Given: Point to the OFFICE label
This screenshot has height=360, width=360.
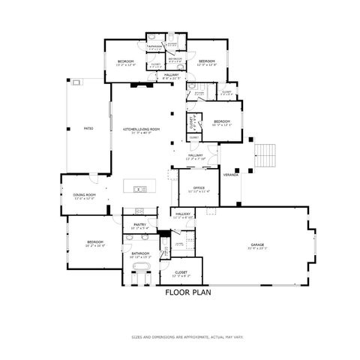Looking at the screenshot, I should (198, 188).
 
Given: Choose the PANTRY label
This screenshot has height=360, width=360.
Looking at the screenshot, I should (139, 224).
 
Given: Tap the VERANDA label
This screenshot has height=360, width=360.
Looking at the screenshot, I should (230, 174).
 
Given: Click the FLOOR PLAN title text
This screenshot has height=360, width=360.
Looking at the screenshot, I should (184, 293).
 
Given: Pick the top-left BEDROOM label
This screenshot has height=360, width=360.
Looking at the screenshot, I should (125, 61).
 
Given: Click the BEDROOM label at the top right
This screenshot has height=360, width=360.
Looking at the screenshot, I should (207, 61).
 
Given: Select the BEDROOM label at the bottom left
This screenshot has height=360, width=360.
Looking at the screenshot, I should (94, 241).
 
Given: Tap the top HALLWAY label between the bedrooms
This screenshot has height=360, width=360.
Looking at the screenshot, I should (172, 75).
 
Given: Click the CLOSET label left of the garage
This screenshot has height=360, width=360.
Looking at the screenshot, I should (181, 272).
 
